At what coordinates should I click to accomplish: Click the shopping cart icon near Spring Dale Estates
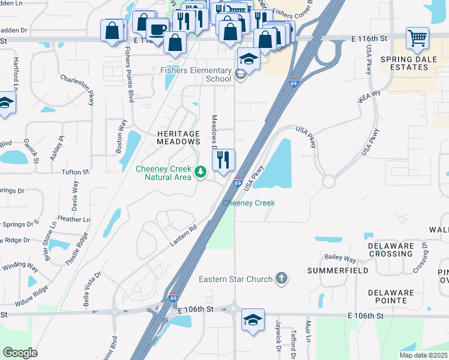(417, 38)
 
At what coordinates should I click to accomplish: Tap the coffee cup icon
(157, 29)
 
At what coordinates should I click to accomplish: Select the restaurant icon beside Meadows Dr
(223, 160)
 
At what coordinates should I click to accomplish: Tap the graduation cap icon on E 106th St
(253, 319)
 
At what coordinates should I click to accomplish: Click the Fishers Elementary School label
(196, 74)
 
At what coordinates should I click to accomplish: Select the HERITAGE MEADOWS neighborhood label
(178, 137)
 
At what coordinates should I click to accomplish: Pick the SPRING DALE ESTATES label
(408, 64)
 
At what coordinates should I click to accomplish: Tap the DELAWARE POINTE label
(391, 297)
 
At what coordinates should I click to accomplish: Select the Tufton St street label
(75, 172)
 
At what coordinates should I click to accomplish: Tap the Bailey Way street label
(340, 258)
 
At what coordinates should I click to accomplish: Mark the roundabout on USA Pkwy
(328, 181)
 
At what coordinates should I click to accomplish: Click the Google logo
(20, 353)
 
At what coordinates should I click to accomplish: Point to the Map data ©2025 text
(423, 355)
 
